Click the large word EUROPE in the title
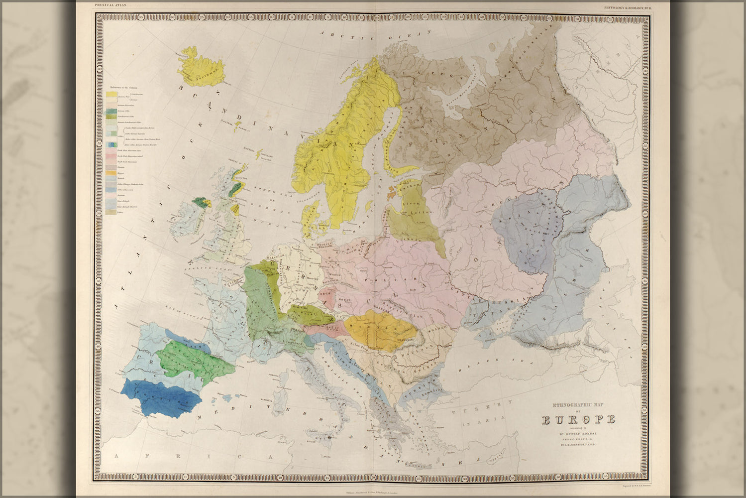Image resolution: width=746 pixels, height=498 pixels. tap(578, 419)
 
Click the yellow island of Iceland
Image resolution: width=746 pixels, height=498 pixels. tap(200, 67)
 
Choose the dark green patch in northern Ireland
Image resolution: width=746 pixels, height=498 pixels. tap(201, 201)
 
